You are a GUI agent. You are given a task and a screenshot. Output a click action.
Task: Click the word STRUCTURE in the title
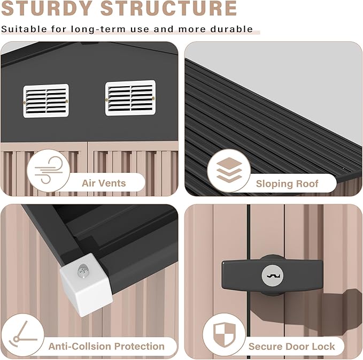pos(169,8)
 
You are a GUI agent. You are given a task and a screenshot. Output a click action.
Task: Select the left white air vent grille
pos(46,101)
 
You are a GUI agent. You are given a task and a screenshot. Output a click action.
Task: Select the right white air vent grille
pos(130,98)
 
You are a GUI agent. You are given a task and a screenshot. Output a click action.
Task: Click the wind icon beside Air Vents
pos(49,170)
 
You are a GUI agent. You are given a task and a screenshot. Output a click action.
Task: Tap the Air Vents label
pos(104,183)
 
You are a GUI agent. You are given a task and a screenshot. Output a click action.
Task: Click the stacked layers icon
pos(229,170)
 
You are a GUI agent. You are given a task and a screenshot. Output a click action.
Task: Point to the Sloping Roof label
pos(287,183)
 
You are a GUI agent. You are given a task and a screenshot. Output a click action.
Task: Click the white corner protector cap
pos(87,285)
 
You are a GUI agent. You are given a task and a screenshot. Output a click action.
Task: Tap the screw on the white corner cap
pos(83,270)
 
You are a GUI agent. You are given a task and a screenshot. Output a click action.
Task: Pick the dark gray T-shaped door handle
pos(272,275)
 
